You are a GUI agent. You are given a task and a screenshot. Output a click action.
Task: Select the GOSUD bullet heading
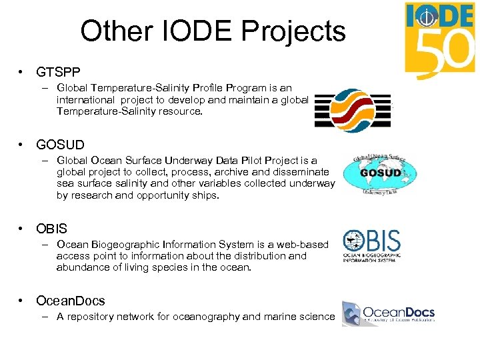(60, 144)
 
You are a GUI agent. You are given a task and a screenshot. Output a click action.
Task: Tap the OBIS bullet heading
(51, 229)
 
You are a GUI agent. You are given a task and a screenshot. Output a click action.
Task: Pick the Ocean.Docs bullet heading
(70, 301)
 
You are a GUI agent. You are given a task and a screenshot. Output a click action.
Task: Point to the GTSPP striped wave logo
(352, 107)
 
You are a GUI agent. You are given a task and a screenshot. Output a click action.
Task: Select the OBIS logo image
(372, 246)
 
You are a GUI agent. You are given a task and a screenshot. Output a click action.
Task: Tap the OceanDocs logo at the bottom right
(388, 313)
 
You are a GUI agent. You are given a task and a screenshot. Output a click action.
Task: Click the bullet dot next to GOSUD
(22, 144)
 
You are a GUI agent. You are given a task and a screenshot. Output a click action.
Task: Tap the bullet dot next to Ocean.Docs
(22, 301)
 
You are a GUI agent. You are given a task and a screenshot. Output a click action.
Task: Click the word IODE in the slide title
(195, 31)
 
